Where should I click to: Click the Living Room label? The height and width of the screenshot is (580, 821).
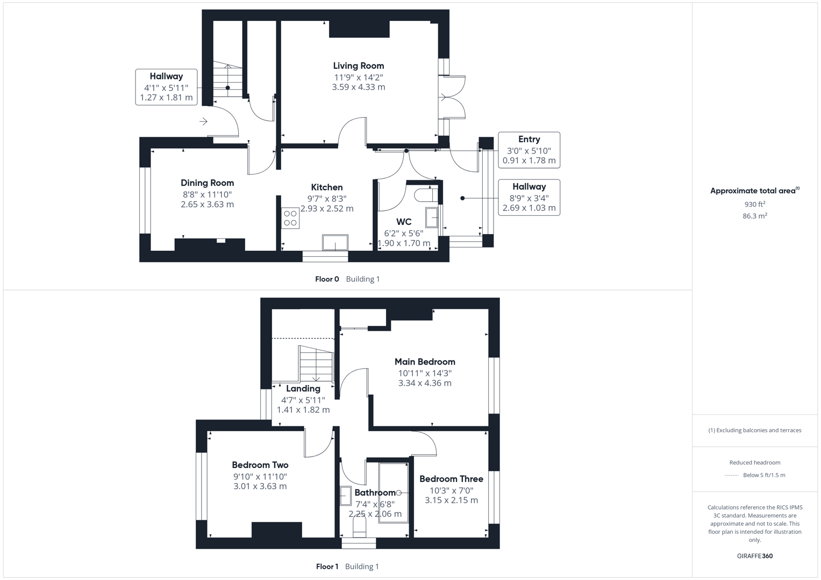359,66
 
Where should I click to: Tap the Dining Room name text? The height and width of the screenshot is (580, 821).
207,183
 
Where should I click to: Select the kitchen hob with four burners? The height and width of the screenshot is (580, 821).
290,218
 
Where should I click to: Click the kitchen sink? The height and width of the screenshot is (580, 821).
335,242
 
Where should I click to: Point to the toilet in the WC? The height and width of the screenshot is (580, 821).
426,195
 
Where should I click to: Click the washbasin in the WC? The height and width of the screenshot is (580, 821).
432,218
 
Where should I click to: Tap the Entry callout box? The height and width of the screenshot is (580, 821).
529,150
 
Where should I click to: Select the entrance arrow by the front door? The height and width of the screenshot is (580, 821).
203,121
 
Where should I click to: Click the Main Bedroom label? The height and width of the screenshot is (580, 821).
425,362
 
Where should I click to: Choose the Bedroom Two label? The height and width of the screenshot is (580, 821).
260,465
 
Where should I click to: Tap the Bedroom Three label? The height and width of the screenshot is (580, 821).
451,479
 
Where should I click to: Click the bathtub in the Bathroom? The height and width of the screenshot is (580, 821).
393,493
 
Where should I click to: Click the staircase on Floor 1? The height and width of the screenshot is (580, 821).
316,364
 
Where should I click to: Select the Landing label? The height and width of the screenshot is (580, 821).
303,388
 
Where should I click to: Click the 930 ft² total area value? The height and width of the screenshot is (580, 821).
755,204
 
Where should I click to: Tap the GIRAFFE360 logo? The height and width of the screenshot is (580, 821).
755,556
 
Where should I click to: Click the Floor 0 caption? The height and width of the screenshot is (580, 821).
327,279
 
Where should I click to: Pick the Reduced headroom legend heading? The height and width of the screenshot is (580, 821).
755,462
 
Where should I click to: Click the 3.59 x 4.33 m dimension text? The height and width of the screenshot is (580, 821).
359,87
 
